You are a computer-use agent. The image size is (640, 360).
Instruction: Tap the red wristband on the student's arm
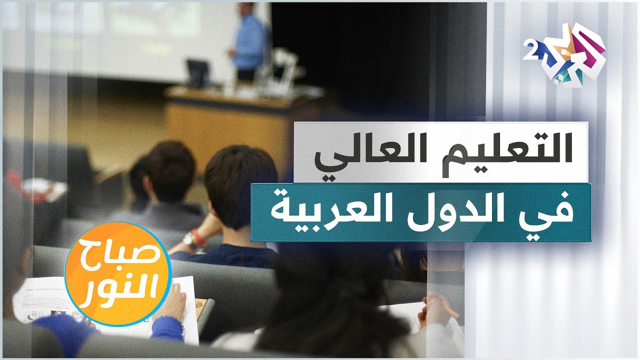pyautogui.click(x=199, y=237)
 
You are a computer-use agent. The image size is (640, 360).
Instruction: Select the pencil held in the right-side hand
pyautogui.click(x=452, y=311)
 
